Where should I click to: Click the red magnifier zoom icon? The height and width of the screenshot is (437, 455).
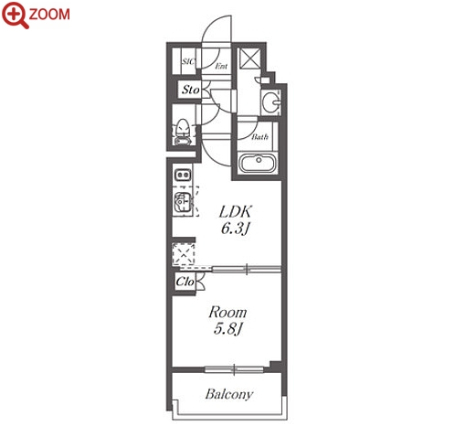tap(15, 15)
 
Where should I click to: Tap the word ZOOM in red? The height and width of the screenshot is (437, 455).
tap(49, 15)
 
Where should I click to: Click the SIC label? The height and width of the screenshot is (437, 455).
tap(188, 61)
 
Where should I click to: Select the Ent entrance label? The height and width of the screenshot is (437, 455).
tap(221, 66)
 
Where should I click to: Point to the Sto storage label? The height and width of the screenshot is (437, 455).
tap(191, 90)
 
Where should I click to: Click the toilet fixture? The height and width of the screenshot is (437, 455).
tap(183, 132)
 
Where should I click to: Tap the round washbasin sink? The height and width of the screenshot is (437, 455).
tap(271, 101)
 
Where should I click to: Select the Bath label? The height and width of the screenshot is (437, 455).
tap(259, 137)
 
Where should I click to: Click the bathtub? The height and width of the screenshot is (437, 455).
tap(258, 163)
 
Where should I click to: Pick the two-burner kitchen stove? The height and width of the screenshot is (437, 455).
tap(183, 175)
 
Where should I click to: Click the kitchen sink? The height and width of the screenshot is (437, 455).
tap(183, 202)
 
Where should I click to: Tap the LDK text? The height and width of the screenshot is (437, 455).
tap(236, 212)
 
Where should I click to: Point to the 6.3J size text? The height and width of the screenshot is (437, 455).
tap(236, 229)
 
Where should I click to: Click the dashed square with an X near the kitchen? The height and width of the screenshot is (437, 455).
tap(183, 253)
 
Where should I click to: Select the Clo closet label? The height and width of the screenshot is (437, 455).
tap(185, 282)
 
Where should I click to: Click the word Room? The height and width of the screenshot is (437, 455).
tap(227, 313)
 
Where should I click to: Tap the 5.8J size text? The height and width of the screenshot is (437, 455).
tap(227, 328)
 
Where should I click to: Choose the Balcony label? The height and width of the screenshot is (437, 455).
tap(229, 394)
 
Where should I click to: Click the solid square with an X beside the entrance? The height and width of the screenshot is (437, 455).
tap(249, 58)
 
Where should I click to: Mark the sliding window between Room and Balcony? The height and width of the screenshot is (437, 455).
tap(234, 369)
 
